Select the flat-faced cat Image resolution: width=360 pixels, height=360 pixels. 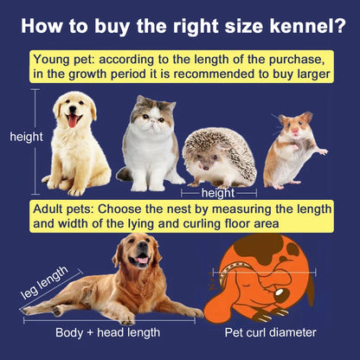[151, 143]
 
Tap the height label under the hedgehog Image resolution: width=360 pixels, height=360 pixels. [218, 193]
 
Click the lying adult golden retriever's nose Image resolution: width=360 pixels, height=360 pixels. [140, 259]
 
